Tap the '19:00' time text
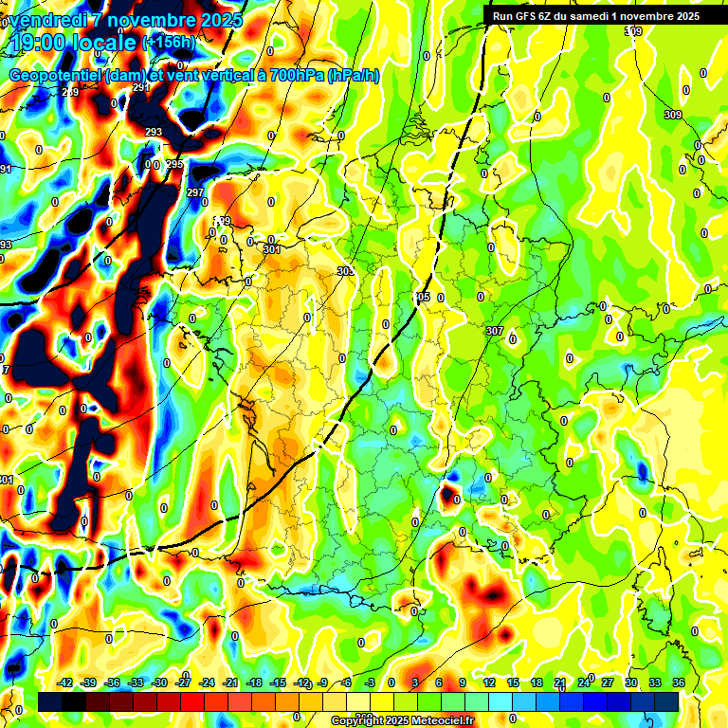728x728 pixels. [x=44, y=42]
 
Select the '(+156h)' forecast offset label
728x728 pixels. [x=168, y=42]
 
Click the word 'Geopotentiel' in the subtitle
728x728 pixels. [x=55, y=76]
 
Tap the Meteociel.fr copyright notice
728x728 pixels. [x=402, y=721]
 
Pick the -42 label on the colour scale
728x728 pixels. [x=64, y=682]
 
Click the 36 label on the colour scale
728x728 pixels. [x=679, y=682]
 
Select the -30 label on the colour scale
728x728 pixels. [x=159, y=682]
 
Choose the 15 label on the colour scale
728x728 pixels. [x=513, y=682]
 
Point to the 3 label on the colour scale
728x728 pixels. [x=415, y=682]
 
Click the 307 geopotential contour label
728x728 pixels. [x=494, y=331]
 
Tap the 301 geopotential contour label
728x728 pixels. [x=272, y=249]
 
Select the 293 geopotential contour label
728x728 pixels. [x=154, y=132]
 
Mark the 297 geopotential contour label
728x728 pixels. [x=195, y=192]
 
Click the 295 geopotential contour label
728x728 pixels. [x=174, y=164]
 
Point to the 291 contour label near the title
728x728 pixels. [x=141, y=87]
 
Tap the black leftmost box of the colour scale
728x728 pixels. [x=50, y=701]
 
